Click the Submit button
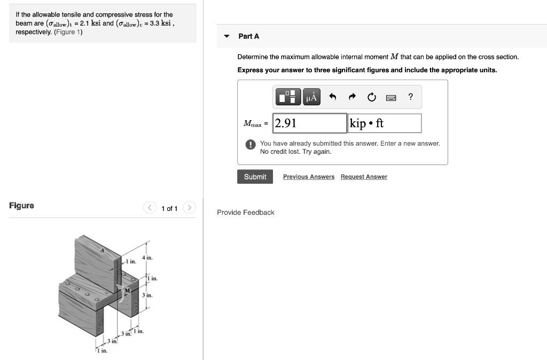pyautogui.click(x=255, y=177)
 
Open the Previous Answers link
pyautogui.click(x=309, y=177)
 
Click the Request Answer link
pyautogui.click(x=364, y=177)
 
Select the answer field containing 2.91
pyautogui.click(x=309, y=123)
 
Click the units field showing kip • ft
pyautogui.click(x=385, y=123)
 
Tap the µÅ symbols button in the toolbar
pyautogui.click(x=312, y=97)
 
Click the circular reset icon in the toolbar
pyautogui.click(x=371, y=97)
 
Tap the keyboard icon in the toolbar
pyautogui.click(x=391, y=97)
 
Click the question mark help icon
pyautogui.click(x=410, y=97)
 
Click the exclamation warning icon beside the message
pyautogui.click(x=249, y=144)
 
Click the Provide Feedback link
pyautogui.click(x=245, y=213)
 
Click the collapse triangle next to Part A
pyautogui.click(x=226, y=36)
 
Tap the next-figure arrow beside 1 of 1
pyautogui.click(x=190, y=208)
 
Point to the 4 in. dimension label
pyautogui.click(x=147, y=258)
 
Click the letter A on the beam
pyautogui.click(x=103, y=250)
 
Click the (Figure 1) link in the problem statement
pyautogui.click(x=68, y=32)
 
